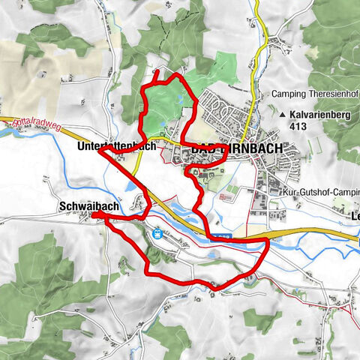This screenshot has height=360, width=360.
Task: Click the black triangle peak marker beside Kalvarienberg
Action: (282, 115)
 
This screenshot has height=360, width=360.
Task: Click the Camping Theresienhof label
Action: (313, 95)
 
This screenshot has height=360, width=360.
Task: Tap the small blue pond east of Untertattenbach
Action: (132, 184)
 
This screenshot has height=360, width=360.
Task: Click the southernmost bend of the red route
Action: (213, 287)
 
